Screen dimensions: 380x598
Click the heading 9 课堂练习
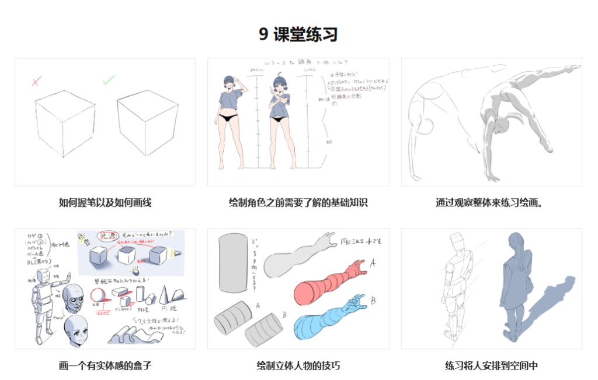tap(298, 34)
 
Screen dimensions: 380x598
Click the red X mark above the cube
tap(36, 81)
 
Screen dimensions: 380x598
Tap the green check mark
tap(109, 79)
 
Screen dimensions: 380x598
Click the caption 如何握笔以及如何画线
tap(105, 203)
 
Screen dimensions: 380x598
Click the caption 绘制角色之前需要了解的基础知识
tap(298, 203)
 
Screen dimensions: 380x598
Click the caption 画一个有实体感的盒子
tap(105, 366)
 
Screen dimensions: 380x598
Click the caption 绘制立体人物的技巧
tap(298, 366)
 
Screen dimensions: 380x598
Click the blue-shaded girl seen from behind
tap(517, 286)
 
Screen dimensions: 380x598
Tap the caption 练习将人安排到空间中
tap(491, 366)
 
